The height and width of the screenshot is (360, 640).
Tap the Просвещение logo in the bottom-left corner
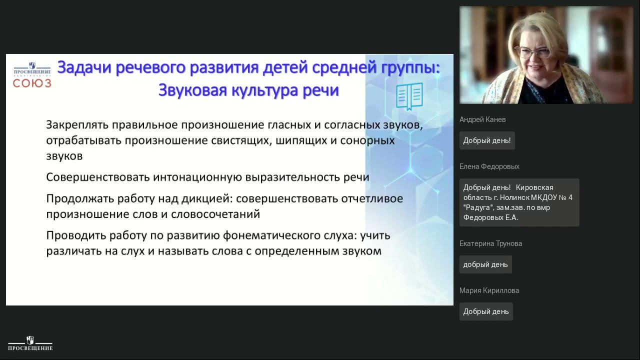[30, 343]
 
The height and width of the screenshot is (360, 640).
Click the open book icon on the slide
[409, 96]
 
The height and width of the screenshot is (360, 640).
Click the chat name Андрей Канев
[482, 119]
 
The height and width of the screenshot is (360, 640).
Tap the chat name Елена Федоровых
[489, 166]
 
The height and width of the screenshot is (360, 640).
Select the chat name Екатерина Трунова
[490, 243]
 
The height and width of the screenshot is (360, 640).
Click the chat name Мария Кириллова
[489, 290]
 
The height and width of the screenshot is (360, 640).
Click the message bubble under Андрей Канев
[486, 140]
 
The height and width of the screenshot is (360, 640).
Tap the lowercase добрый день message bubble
[485, 264]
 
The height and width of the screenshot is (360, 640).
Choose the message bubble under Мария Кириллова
[485, 311]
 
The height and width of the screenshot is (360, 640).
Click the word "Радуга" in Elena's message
[478, 207]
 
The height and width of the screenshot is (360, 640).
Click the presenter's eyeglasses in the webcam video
[533, 52]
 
